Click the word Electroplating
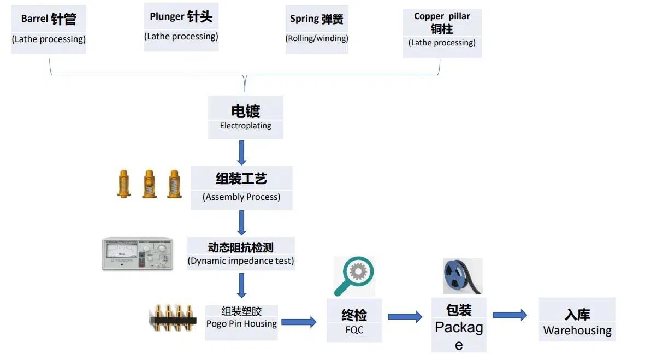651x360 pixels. pyautogui.click(x=245, y=126)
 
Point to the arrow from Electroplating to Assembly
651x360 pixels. pyautogui.click(x=242, y=152)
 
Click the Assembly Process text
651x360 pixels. pyautogui.click(x=241, y=197)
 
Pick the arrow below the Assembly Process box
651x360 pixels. pyautogui.click(x=242, y=222)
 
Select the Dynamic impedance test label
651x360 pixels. pyautogui.click(x=241, y=261)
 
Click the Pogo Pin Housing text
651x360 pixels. pyautogui.click(x=241, y=323)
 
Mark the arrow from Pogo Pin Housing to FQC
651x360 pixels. pyautogui.click(x=299, y=322)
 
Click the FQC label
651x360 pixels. pyautogui.click(x=354, y=330)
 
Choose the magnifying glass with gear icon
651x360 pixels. pyautogui.click(x=354, y=275)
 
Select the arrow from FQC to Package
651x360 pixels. pyautogui.click(x=405, y=316)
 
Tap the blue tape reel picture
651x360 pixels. pyautogui.click(x=462, y=276)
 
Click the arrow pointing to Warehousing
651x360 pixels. pyautogui.click(x=510, y=315)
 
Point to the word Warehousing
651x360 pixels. pyautogui.click(x=577, y=331)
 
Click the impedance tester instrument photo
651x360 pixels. pyautogui.click(x=137, y=253)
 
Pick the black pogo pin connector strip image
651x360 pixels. pyautogui.click(x=173, y=318)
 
